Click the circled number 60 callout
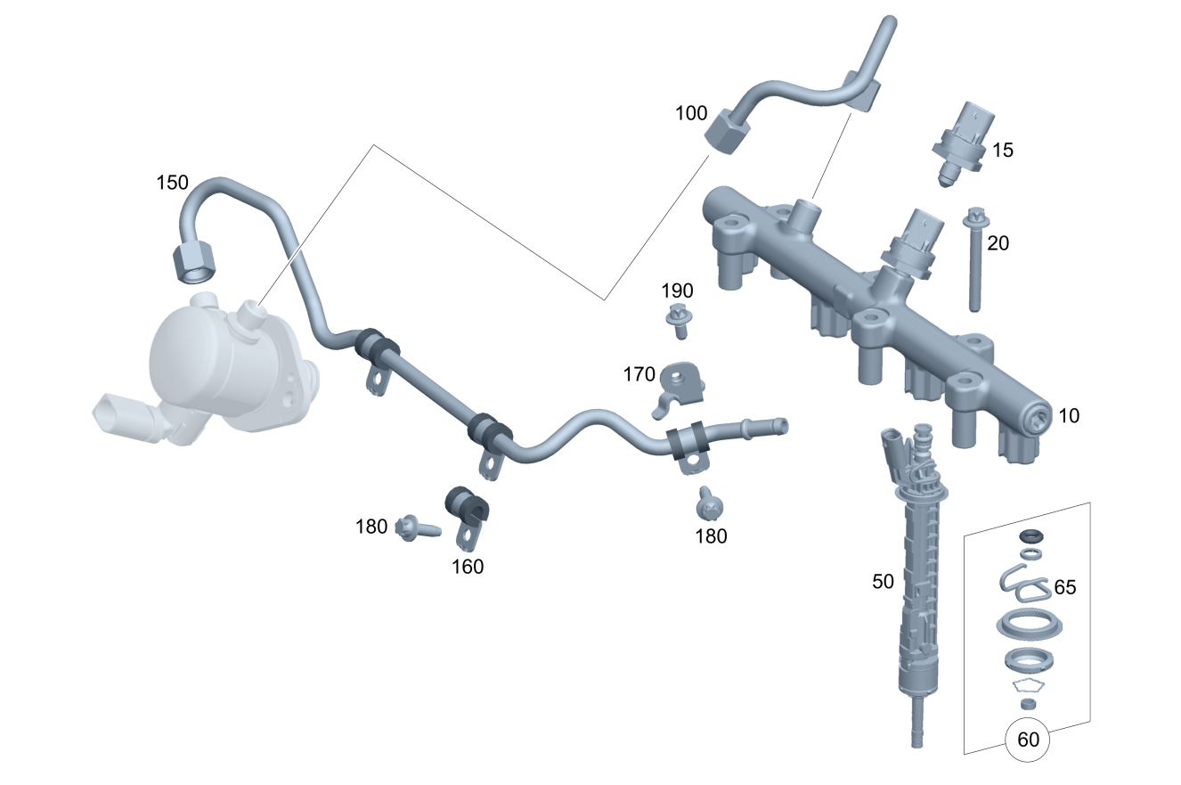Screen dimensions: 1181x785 [x=1027, y=740]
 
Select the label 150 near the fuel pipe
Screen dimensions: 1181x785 [x=173, y=183]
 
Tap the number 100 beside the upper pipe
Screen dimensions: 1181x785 [x=691, y=113]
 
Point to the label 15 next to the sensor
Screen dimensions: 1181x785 [x=1002, y=151]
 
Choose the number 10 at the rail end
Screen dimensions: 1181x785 [x=1069, y=416]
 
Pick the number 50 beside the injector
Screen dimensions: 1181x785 [x=883, y=582]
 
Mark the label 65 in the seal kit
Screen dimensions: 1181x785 [x=1065, y=587]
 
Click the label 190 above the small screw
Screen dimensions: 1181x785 [x=678, y=290]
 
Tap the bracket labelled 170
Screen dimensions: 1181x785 [x=679, y=388]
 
